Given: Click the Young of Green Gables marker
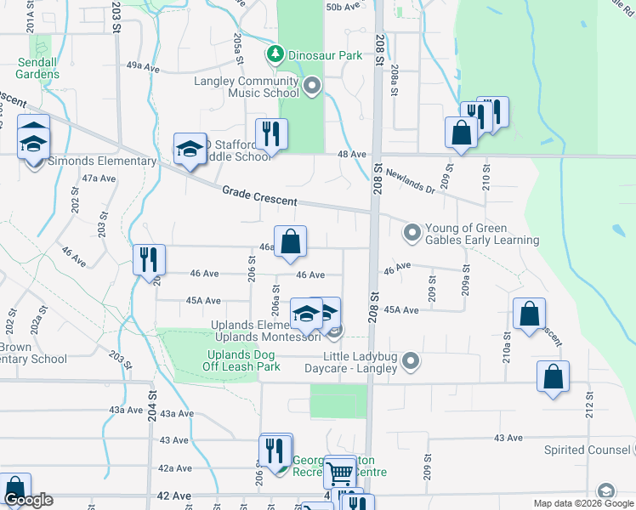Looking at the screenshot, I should pyautogui.click(x=412, y=231).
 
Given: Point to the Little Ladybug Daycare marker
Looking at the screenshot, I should pyautogui.click(x=411, y=362).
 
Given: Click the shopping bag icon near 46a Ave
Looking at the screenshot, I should pyautogui.click(x=290, y=241).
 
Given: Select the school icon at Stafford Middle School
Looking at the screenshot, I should pyautogui.click(x=190, y=149).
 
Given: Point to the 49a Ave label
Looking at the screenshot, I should pyautogui.click(x=143, y=65).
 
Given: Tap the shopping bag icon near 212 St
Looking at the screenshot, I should pyautogui.click(x=553, y=377).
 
